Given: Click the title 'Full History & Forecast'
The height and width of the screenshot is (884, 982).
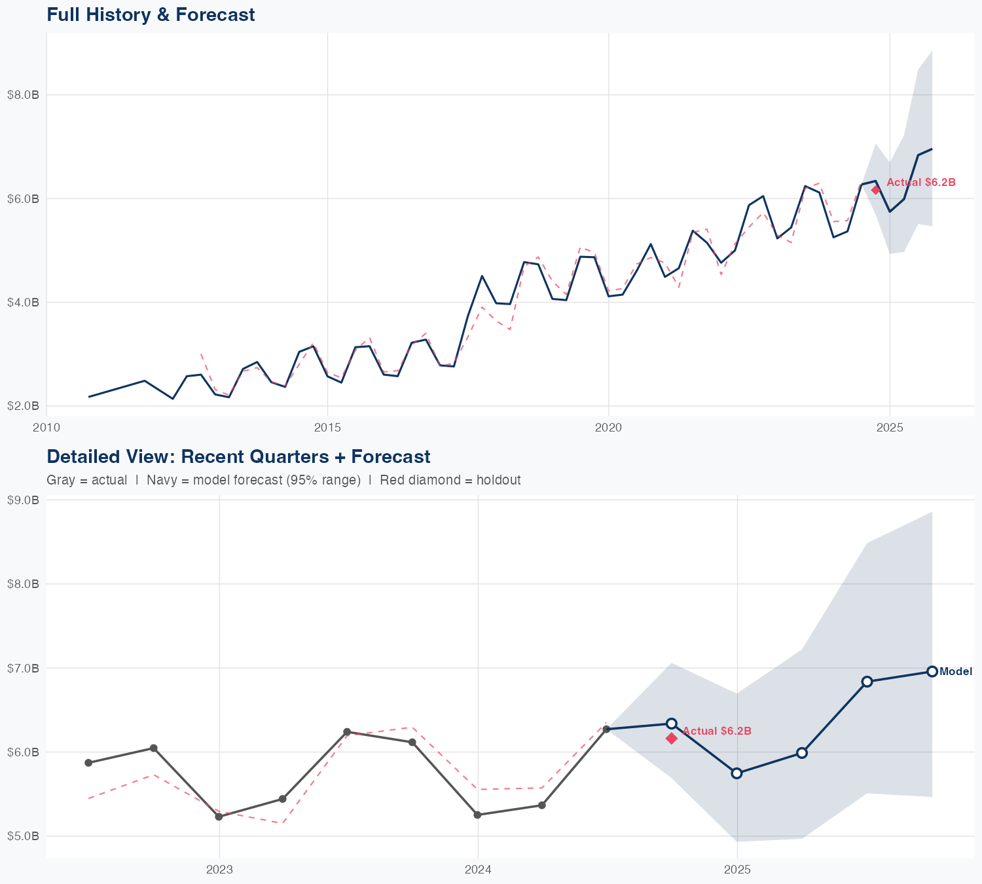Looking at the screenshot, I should click(151, 14).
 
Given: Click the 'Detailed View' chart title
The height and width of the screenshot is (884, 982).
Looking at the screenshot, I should click(238, 456).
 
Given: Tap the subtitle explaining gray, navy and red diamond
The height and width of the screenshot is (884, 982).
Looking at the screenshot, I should click(283, 480).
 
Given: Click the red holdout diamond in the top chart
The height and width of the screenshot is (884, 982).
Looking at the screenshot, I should click(876, 190).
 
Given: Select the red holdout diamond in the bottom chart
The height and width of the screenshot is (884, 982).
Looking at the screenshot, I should click(671, 739).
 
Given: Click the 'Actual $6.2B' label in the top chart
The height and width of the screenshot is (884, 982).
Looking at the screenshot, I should click(920, 182).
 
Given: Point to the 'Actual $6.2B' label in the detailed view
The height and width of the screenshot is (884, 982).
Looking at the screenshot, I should click(717, 731).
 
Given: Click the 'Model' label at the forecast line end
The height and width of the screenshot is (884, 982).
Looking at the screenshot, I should click(956, 671).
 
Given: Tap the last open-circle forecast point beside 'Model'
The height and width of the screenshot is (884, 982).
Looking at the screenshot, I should click(932, 671).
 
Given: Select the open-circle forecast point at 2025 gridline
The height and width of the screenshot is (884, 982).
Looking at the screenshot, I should click(736, 773).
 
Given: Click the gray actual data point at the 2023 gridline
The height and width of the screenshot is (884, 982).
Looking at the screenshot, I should click(219, 817).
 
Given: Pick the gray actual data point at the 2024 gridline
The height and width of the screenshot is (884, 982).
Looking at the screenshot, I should click(477, 815).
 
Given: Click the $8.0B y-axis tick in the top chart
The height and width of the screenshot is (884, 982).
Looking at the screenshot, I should click(23, 95).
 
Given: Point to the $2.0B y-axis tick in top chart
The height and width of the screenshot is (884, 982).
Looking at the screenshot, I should click(23, 406).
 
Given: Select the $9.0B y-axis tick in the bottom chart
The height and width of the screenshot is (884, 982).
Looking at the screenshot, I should click(23, 500).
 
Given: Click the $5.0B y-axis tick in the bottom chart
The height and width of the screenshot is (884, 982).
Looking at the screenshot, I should click(23, 836).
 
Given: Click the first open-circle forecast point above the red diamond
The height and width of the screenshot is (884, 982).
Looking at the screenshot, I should click(671, 724).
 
